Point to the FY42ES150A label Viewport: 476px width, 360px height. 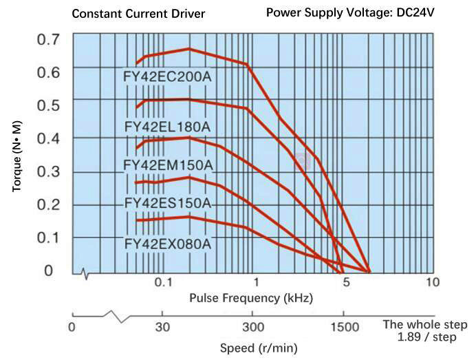coord(167,204)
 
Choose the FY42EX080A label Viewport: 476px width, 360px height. coord(167,244)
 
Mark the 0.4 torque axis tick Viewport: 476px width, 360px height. coord(48,138)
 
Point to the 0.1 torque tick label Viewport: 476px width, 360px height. coord(48,237)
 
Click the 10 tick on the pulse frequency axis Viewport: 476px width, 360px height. coord(432,283)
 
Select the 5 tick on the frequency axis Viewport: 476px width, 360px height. coord(347,283)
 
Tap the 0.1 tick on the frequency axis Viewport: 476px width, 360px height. coord(162,283)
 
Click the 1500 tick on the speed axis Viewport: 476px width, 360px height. coord(344,326)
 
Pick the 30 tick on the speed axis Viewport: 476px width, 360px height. coord(162,326)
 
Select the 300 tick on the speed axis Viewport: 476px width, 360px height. coord(253,326)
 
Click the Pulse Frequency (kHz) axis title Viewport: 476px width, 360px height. coord(251,298)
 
